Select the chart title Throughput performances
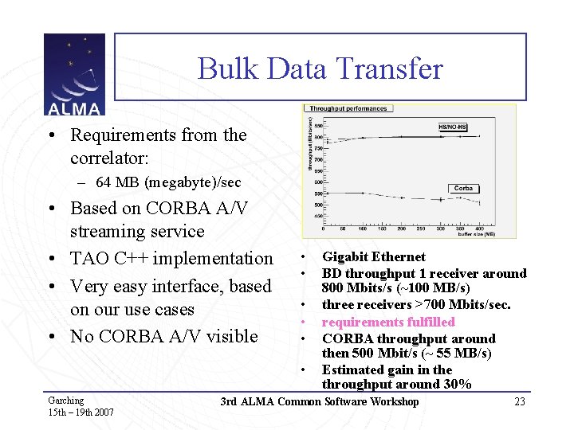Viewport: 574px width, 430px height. pos(348,109)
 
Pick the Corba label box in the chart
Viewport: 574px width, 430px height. pos(463,189)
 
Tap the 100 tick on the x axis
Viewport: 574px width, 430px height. pos(363,229)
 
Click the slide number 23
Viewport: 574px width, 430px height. pos(520,401)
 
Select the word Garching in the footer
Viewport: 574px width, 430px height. pos(65,400)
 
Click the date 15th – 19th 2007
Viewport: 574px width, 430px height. pos(81,412)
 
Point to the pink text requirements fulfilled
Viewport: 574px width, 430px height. pos(388,322)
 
